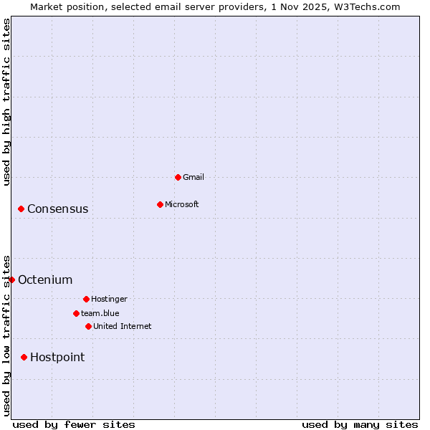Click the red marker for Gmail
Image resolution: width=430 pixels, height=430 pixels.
pos(178,177)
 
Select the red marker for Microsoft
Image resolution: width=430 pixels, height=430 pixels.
pos(160,204)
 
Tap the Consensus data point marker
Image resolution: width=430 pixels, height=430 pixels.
pos(21,209)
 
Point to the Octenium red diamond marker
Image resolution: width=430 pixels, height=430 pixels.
pos(11,279)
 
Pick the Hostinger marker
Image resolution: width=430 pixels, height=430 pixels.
pos(86,299)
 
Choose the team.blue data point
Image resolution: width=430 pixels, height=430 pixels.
pos(76,313)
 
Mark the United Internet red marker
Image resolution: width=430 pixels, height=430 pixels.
pos(88,326)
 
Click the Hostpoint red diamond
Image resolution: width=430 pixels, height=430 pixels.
pos(24,357)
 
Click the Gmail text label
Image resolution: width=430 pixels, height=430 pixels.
pos(193,177)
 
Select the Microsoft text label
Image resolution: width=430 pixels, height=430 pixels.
pos(182,204)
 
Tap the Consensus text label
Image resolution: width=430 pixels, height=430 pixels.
pos(58,209)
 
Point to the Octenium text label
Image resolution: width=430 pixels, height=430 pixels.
pos(45,280)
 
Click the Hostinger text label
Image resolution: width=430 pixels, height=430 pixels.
pos(109,299)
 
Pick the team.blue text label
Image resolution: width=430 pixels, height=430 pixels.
pos(100,313)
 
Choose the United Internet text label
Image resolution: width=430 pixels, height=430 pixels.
pos(123,326)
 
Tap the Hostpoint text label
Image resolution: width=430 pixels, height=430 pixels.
pos(57,358)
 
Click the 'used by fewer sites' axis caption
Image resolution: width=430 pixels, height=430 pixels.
pos(74,424)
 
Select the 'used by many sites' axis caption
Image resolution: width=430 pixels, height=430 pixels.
pos(360,424)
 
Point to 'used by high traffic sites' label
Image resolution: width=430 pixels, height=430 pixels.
pos(6,102)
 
